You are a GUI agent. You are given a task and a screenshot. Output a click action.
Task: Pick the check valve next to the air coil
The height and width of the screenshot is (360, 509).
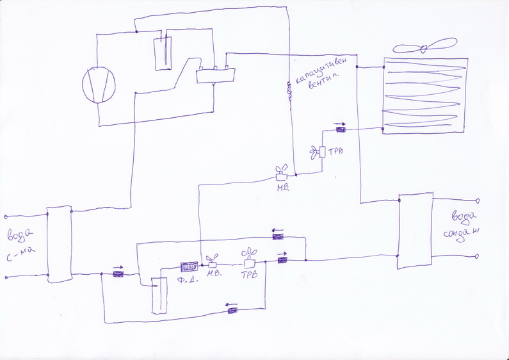341,130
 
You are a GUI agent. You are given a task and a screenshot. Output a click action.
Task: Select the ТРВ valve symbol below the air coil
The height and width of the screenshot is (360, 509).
321,151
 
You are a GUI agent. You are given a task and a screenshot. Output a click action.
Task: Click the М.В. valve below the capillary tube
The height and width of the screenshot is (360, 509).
281,174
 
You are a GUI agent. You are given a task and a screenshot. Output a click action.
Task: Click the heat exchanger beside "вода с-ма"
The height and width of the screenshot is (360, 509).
58,243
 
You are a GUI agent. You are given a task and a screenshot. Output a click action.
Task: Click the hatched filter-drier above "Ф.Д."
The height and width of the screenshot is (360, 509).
190,265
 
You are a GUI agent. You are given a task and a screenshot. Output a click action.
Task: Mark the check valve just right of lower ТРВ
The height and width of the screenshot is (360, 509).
282,259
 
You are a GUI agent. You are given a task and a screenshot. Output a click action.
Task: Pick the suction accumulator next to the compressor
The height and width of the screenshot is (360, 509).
164,51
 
